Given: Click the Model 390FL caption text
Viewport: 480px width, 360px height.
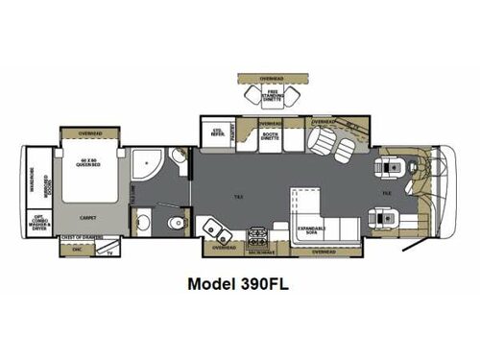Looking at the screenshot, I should coord(239,284).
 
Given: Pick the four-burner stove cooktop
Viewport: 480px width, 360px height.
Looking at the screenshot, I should coord(258,233).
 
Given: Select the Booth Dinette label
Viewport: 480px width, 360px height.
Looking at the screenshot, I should coord(272,137).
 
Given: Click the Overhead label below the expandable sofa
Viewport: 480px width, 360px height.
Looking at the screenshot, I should coord(324,252).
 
